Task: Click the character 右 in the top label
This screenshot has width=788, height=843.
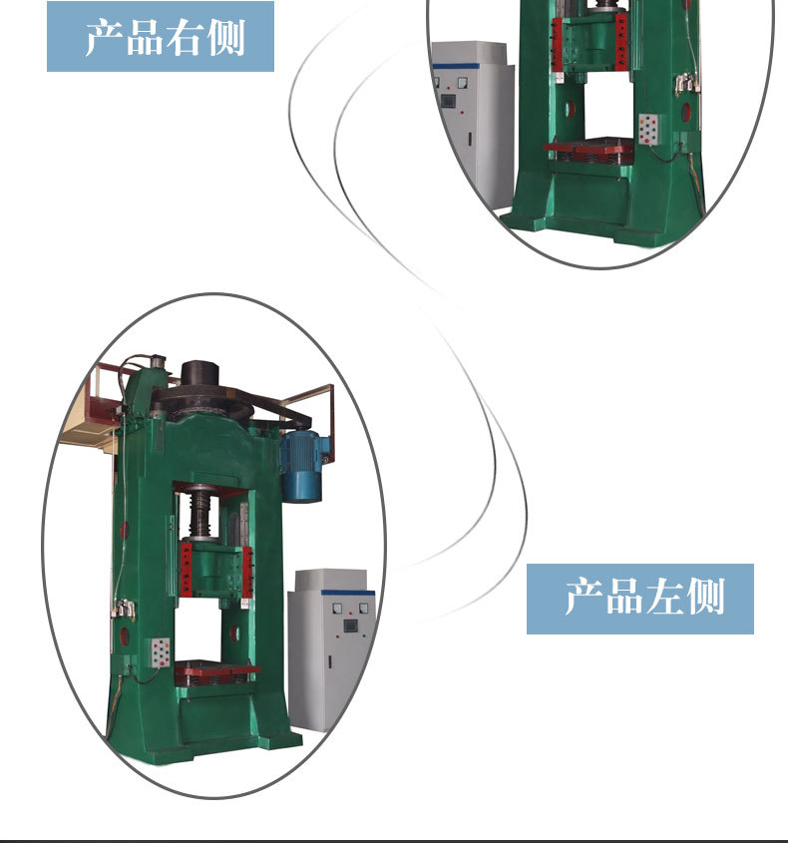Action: point(184,37)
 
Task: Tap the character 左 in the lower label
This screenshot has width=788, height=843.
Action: point(663,597)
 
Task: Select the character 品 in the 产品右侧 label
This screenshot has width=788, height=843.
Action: point(144,37)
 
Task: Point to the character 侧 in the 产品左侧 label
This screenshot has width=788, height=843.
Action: point(704,597)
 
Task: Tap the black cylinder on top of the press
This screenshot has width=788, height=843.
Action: point(199,372)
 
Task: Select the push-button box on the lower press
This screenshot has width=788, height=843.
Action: point(161,652)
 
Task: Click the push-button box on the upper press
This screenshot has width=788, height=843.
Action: point(648,129)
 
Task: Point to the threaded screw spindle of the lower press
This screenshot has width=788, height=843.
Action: point(200,515)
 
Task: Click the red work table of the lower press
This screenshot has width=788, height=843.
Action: point(216,669)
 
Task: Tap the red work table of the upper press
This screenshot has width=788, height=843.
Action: point(589,146)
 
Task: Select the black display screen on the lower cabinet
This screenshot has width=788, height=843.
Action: point(350,627)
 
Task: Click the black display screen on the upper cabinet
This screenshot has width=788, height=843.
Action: point(447,101)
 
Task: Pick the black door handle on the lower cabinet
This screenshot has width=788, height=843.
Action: point(330,661)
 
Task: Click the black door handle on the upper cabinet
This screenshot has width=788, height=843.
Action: point(470,138)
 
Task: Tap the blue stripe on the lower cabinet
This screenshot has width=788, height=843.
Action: point(348,593)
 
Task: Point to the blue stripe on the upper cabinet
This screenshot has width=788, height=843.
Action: point(455,66)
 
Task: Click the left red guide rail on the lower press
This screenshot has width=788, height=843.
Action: point(186,570)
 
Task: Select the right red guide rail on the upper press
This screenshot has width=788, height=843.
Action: point(621,42)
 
